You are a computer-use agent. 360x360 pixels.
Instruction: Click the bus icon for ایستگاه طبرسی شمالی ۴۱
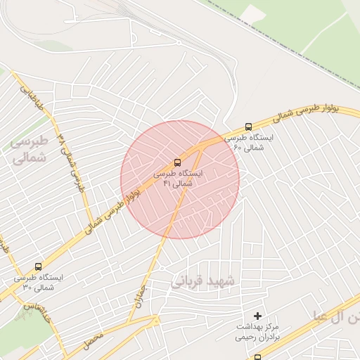pos(177,162)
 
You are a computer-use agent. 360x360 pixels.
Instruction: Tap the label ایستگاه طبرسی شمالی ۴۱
pos(177,178)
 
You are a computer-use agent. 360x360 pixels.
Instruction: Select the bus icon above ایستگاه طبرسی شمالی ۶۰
pos(248,127)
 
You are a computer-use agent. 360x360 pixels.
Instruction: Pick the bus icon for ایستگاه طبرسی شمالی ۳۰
pos(38,267)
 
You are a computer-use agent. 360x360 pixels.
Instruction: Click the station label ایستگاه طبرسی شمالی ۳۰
pos(38,283)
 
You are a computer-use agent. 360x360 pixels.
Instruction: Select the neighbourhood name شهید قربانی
pos(204,281)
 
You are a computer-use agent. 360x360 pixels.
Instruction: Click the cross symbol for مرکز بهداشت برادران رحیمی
pos(257,316)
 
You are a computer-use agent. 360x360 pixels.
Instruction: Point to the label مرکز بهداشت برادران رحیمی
pos(257,332)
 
